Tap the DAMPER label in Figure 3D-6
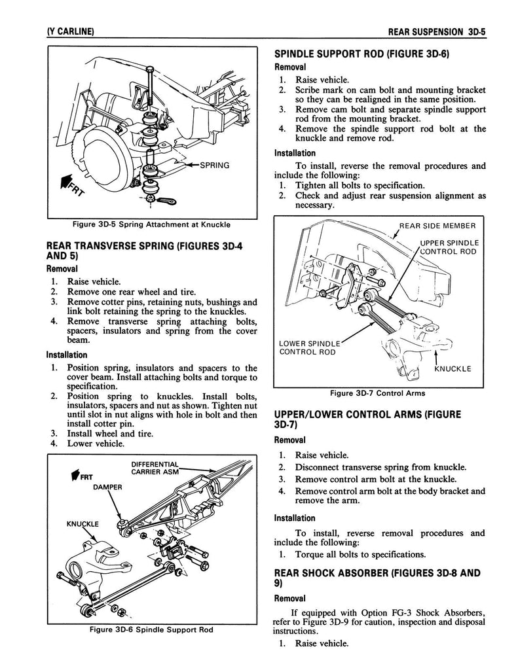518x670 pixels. [x=107, y=487]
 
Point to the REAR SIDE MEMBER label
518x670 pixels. [x=437, y=226]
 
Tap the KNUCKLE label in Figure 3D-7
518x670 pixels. [x=453, y=368]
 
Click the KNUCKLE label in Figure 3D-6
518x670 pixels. [x=83, y=523]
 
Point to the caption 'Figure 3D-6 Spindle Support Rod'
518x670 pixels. [x=152, y=629]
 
